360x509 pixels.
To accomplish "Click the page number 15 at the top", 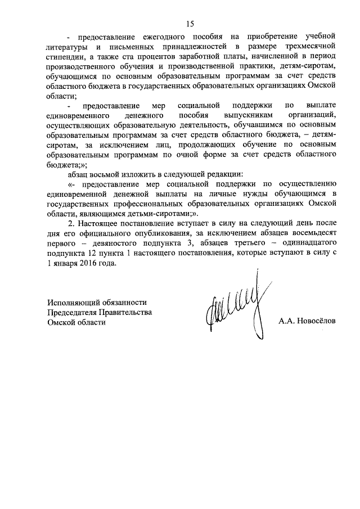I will [190, 23].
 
